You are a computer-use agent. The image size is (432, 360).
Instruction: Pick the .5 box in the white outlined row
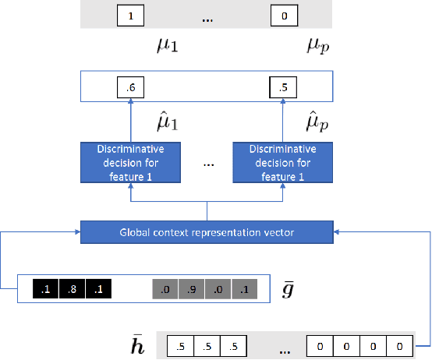pos(282,87)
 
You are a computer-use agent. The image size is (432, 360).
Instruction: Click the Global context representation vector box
pos(207,230)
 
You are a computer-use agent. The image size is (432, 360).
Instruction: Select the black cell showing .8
pos(73,289)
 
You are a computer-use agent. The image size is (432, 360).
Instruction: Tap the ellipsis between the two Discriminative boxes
pos(207,164)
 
